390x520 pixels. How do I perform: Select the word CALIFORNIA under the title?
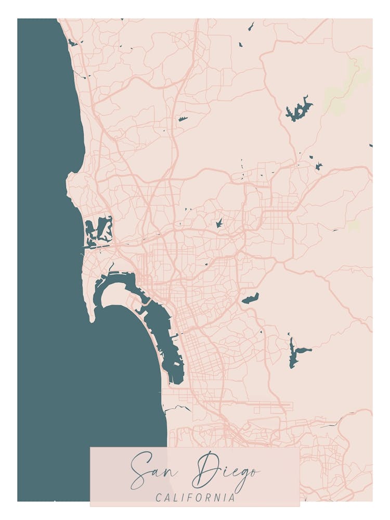point(195,498)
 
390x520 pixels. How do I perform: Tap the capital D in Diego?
point(204,468)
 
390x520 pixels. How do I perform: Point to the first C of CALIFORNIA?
point(159,498)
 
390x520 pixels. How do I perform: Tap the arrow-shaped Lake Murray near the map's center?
point(219,223)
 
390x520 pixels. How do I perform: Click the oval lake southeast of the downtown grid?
point(250,298)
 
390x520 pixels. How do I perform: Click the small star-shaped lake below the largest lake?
point(319,166)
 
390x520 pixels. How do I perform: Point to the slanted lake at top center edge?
point(251,25)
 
